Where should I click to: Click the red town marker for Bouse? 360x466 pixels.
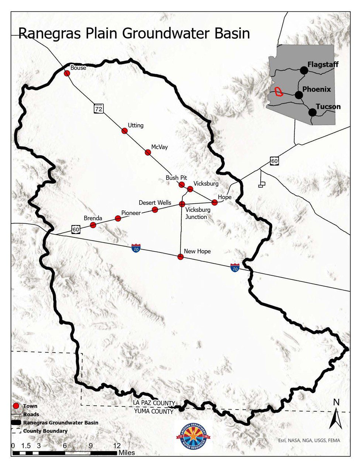coord(67,73)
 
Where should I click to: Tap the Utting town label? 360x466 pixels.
coord(135,126)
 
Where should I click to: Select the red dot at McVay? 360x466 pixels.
coord(148,152)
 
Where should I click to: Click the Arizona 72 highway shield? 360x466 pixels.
coord(98,109)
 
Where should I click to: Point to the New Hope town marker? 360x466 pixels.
coord(181,257)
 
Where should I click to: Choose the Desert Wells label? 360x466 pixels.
coord(155,203)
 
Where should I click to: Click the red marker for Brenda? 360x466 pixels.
coord(93,225)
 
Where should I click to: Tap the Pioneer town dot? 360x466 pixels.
coord(118,218)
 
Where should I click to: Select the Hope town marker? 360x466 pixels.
coord(215,202)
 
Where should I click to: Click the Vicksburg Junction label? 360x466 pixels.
coord(198,213)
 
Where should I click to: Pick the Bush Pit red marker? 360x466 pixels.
coord(182,184)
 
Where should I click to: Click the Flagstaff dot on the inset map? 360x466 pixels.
coord(304,70)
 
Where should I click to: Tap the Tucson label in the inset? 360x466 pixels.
coord(328,107)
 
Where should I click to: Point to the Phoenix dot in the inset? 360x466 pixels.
coord(299,95)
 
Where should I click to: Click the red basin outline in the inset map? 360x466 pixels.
coord(279,92)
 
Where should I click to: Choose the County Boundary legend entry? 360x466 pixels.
coord(45,431)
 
